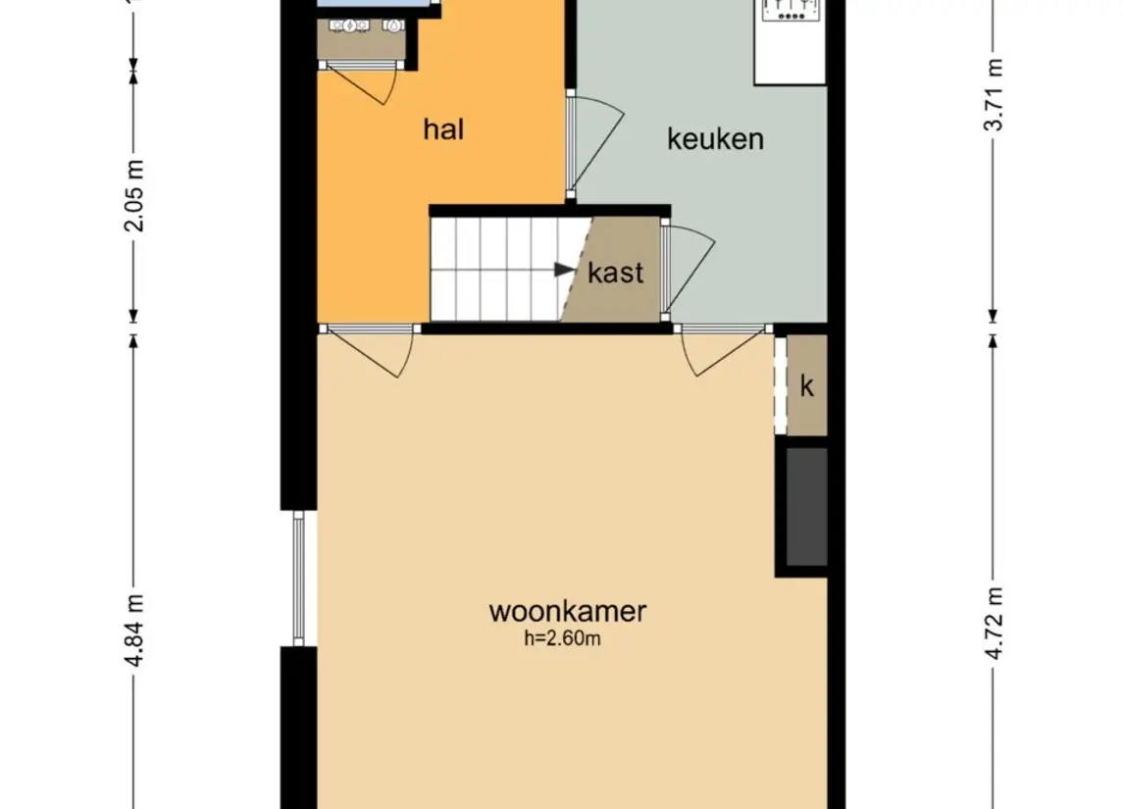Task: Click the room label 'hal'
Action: [443, 129]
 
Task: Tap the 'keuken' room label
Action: [715, 139]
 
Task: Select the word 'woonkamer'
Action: [567, 612]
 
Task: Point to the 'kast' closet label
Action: [616, 273]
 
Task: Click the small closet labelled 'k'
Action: [807, 386]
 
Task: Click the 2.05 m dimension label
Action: [134, 194]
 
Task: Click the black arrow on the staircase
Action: [563, 269]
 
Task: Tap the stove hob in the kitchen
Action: [791, 10]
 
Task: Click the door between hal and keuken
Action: [593, 142]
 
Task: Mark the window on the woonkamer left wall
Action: [299, 579]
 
